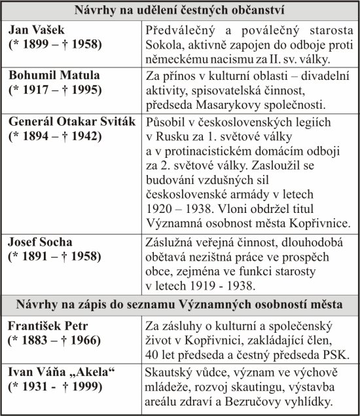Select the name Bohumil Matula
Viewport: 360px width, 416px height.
click(x=54, y=75)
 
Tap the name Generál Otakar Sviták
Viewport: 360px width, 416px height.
click(x=72, y=121)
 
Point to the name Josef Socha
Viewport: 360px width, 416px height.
click(x=41, y=242)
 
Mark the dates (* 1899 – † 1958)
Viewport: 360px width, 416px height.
click(x=56, y=45)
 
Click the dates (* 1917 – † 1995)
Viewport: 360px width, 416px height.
click(x=56, y=90)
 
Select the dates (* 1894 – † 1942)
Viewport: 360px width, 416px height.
click(x=56, y=136)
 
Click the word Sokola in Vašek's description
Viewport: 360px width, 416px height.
click(x=166, y=45)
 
